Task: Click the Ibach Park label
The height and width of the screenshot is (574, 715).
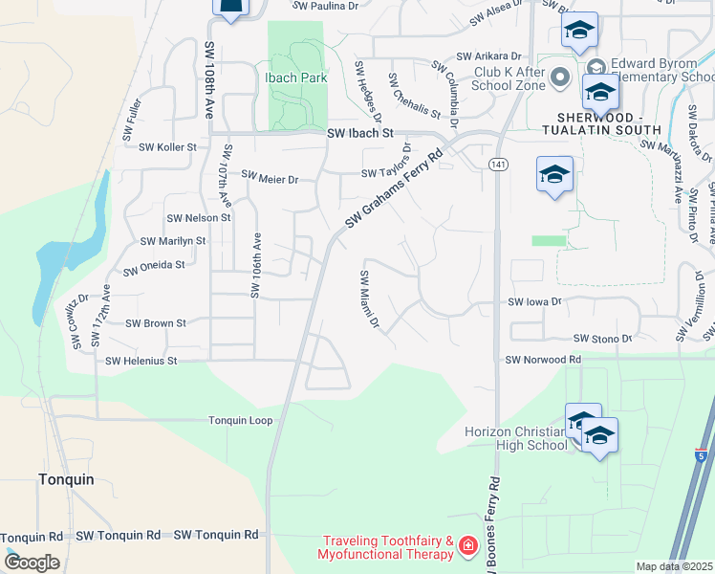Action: (x=296, y=77)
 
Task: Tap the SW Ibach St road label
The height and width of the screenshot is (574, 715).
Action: (x=360, y=135)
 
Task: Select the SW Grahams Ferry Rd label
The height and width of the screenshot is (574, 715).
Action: (x=395, y=188)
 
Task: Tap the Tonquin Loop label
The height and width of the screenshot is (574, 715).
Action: (x=241, y=420)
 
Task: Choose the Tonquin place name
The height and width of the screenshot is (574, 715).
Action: (x=66, y=479)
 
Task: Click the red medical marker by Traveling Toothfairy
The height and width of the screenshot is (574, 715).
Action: (x=467, y=546)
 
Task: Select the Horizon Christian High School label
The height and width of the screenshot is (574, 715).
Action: (x=515, y=438)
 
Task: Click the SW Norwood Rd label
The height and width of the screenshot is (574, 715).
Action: (x=543, y=360)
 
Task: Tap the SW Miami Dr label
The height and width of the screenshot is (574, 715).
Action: (x=369, y=299)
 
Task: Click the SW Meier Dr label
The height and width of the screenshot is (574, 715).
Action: (x=270, y=177)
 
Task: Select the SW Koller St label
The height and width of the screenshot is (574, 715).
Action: (x=167, y=147)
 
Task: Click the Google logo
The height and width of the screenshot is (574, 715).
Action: (x=31, y=562)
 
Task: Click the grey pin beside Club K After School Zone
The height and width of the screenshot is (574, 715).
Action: (x=561, y=77)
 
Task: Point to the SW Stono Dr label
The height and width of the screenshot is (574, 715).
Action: (x=602, y=339)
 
